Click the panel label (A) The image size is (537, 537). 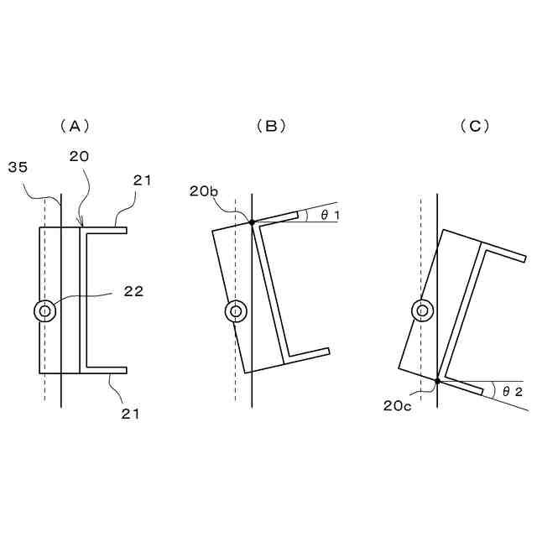click(x=74, y=126)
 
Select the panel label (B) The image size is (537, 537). click(x=271, y=126)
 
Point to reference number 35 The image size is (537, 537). click(x=18, y=169)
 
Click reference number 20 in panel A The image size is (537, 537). click(x=81, y=156)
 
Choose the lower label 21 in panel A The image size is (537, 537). click(x=129, y=413)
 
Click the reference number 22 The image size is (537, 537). click(x=133, y=292)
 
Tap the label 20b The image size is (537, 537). click(x=204, y=192)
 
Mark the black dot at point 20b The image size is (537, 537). click(x=251, y=222)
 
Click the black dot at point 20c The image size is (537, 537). click(x=438, y=381)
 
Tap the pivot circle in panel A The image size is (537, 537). click(x=44, y=311)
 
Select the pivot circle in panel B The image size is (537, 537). click(x=236, y=312)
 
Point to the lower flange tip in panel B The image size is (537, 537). click(x=327, y=351)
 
